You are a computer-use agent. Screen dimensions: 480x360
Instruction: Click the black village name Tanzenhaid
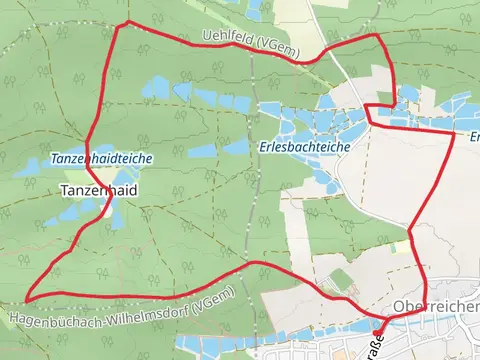point(99,189)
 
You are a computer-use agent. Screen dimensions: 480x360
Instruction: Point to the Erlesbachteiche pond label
point(303,145)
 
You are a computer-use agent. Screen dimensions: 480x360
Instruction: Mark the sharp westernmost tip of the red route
point(27,298)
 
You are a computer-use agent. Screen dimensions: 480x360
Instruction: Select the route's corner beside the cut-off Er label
point(455,132)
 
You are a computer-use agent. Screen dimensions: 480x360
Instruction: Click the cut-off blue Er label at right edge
point(474,137)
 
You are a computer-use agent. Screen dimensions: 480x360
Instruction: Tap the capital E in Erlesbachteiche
point(262,145)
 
